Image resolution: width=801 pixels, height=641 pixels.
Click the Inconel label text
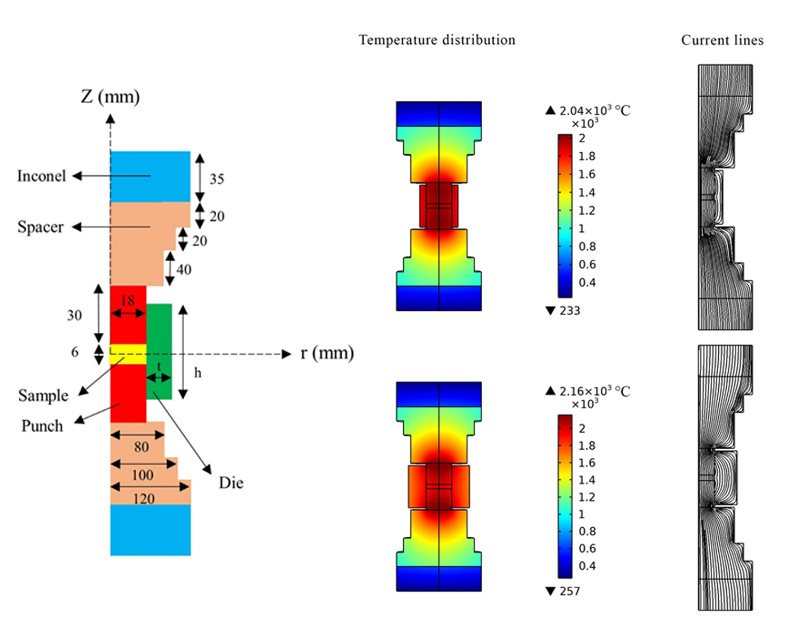(41, 176)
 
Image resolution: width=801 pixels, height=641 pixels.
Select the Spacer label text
(41, 227)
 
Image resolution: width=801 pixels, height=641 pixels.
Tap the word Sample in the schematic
(43, 395)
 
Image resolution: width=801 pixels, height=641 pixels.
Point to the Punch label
(42, 426)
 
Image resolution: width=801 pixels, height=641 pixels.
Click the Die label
(231, 483)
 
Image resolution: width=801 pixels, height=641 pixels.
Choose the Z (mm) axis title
(111, 97)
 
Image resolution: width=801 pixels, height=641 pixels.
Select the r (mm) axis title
(327, 353)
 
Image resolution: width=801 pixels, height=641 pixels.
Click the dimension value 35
(217, 179)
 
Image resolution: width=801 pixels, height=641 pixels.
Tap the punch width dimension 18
(128, 301)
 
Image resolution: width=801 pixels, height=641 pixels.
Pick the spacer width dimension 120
(144, 499)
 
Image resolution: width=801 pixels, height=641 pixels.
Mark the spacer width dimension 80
(142, 447)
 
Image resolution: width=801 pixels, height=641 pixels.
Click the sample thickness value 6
(75, 352)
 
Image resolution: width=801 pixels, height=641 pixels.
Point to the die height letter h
(198, 372)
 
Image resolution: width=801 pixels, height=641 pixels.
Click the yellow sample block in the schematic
(128, 354)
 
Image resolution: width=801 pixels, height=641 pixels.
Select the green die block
(159, 351)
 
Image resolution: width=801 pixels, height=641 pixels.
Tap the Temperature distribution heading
(437, 40)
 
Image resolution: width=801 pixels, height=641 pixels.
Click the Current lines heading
(722, 40)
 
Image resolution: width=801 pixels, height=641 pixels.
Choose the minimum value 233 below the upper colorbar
(569, 311)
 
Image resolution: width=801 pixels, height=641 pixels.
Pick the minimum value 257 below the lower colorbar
(569, 591)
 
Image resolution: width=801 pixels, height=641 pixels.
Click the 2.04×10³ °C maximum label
(595, 111)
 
